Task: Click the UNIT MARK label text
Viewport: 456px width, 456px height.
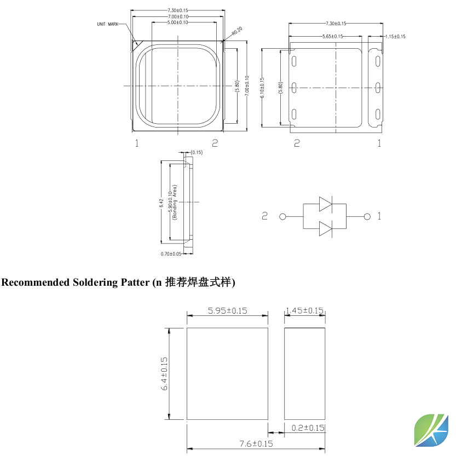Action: [x=107, y=24]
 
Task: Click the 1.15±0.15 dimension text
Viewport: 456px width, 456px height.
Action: [x=395, y=36]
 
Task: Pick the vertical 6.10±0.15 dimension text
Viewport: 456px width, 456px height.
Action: [x=263, y=88]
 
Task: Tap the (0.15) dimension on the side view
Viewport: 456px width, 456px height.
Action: [x=197, y=152]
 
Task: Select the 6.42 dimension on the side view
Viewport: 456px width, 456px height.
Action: [x=161, y=202]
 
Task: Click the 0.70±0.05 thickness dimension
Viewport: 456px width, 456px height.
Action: [x=170, y=253]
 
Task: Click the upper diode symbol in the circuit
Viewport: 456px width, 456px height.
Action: [x=325, y=205]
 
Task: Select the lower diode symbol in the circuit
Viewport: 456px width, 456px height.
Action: [x=325, y=228]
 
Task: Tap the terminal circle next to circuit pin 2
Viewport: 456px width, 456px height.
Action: [x=283, y=217]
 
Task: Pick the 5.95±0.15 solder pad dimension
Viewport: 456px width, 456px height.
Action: [x=227, y=310]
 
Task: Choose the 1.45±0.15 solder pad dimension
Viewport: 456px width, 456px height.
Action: [x=305, y=310]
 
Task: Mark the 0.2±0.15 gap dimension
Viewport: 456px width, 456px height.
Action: [x=308, y=428]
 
